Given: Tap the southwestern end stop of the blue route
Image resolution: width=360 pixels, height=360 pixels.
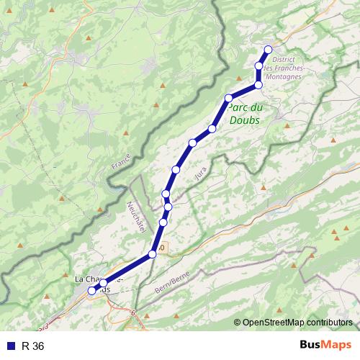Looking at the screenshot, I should (x=92, y=290).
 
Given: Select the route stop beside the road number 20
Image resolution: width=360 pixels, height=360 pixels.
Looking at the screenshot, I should (x=153, y=254).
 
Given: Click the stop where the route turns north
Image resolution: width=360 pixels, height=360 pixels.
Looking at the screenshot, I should (x=258, y=85).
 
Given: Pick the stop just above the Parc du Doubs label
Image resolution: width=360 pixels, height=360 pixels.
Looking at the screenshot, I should (x=229, y=98).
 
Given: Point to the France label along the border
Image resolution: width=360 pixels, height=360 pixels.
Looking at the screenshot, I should (x=120, y=161).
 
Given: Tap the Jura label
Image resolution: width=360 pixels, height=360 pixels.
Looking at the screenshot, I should (x=201, y=174).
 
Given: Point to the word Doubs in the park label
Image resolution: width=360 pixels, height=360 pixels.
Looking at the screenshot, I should (x=245, y=120).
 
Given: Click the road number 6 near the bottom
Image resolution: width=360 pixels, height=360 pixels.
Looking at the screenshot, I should (x=133, y=312).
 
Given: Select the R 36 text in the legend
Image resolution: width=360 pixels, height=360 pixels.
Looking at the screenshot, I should (x=33, y=346).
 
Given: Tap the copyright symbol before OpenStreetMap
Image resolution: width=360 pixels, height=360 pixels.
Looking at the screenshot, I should (x=238, y=322).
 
